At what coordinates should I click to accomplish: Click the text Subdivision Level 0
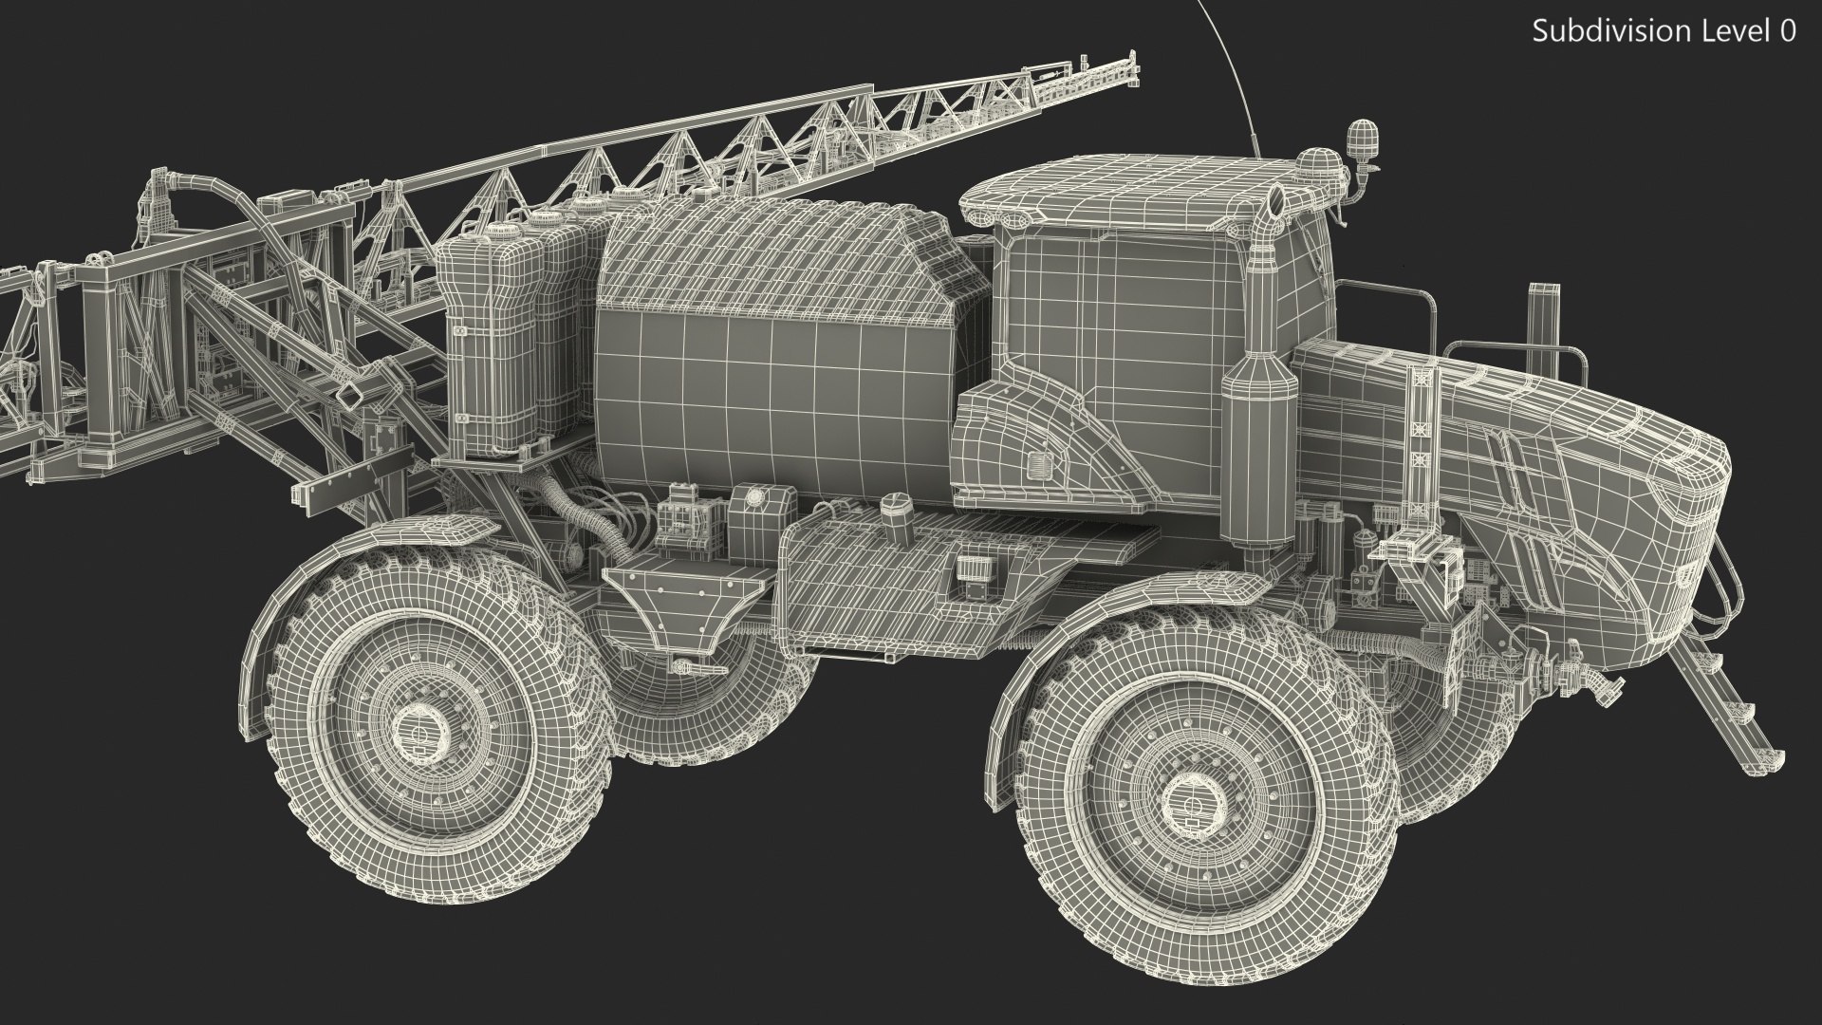pyautogui.click(x=1664, y=31)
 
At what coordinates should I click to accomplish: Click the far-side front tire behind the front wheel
pyautogui.click(x=1442, y=750)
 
